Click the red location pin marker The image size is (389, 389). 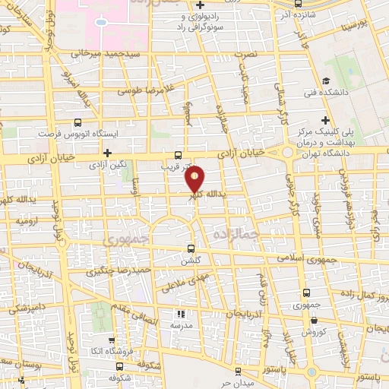(195, 179)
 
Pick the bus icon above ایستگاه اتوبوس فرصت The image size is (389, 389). (78, 121)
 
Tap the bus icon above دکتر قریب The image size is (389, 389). (179, 153)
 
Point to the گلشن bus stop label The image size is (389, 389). (191, 259)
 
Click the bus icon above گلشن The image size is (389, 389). (191, 248)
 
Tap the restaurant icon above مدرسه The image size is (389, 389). (180, 314)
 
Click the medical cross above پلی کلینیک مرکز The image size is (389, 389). (326, 119)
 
